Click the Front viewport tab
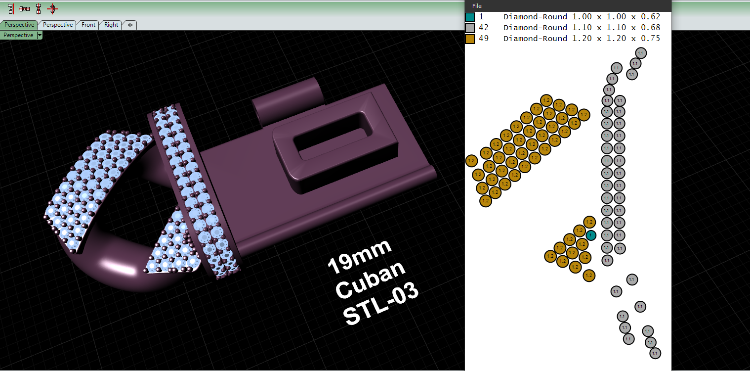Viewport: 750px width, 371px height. pyautogui.click(x=88, y=25)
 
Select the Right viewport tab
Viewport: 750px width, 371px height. pyautogui.click(x=111, y=25)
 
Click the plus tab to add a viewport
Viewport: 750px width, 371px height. pyautogui.click(x=130, y=25)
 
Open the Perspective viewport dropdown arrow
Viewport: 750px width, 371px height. pyautogui.click(x=40, y=35)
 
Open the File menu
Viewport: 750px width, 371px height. pyautogui.click(x=477, y=6)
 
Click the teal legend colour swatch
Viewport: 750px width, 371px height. pyautogui.click(x=470, y=17)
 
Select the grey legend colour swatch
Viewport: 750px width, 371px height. pyautogui.click(x=470, y=28)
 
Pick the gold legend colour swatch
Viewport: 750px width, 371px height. pyautogui.click(x=470, y=39)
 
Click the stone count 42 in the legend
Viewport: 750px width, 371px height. pyautogui.click(x=484, y=28)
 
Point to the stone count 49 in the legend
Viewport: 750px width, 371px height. pyautogui.click(x=484, y=39)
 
